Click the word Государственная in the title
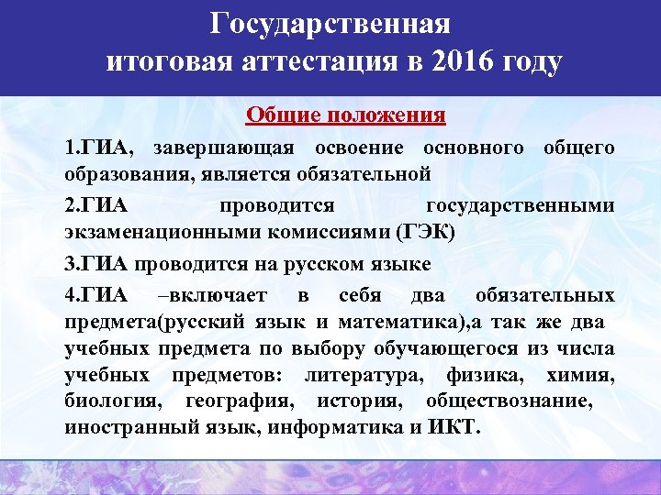(330, 23)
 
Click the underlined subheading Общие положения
(345, 116)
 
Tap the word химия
(578, 376)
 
